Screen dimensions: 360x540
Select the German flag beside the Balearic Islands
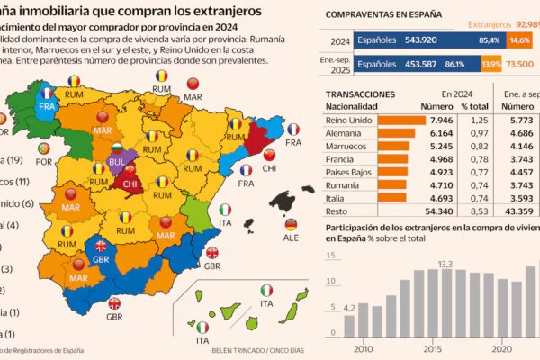coord(291,225)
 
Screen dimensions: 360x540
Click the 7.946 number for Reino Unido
coord(445,120)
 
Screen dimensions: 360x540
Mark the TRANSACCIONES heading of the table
coord(360,93)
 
